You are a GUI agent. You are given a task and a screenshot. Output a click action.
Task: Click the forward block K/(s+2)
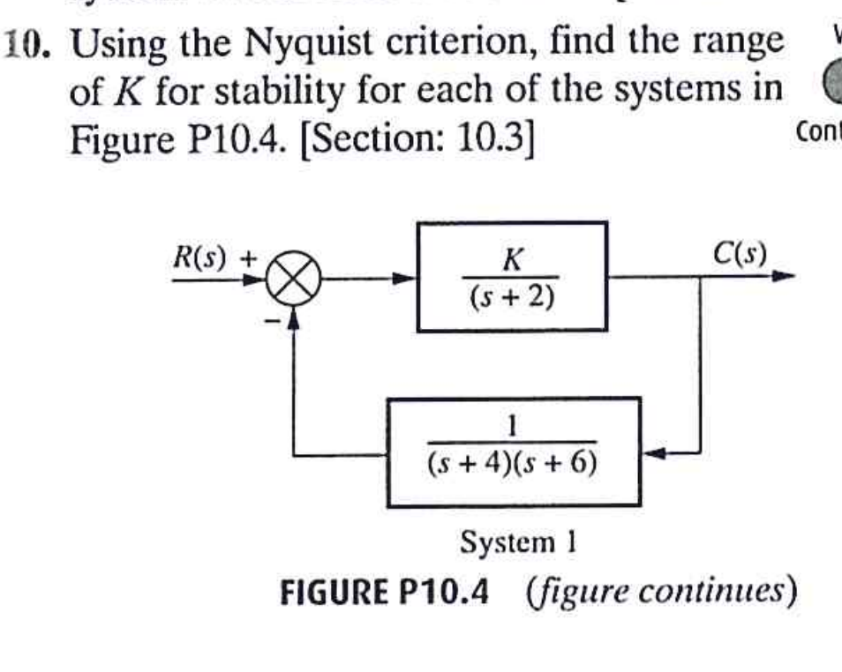tap(512, 277)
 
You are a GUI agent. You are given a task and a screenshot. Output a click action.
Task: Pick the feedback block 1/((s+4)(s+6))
tap(513, 452)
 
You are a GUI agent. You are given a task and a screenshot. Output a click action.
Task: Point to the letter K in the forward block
tap(512, 259)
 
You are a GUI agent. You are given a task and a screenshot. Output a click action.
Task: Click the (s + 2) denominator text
tap(512, 298)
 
